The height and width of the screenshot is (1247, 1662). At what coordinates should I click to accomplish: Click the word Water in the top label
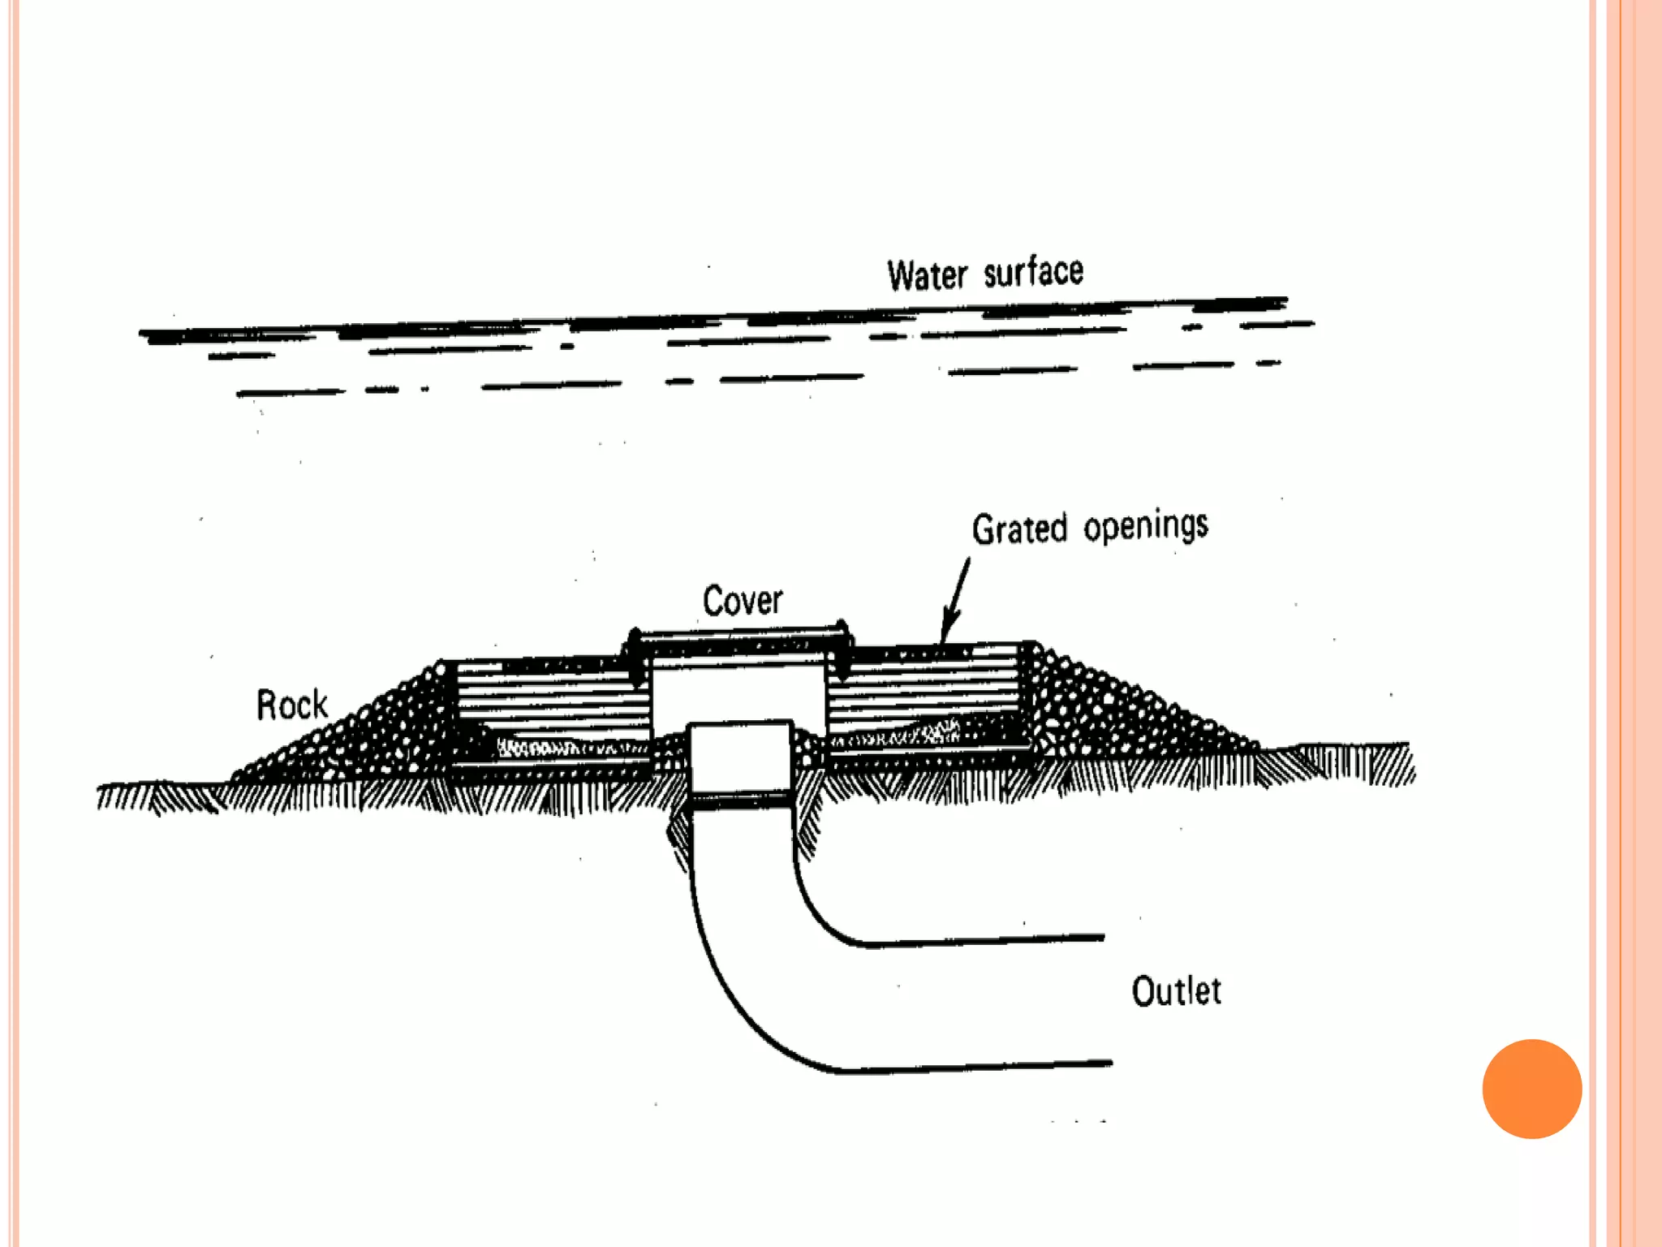[x=927, y=276]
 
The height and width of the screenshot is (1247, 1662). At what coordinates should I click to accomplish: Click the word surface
[x=1033, y=272]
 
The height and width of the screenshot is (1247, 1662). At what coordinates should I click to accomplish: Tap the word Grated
[x=1019, y=529]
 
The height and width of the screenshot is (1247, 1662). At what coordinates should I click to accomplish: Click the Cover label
[x=742, y=602]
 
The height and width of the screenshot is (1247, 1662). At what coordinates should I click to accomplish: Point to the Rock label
[x=291, y=705]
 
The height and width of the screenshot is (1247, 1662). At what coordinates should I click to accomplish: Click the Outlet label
[x=1176, y=992]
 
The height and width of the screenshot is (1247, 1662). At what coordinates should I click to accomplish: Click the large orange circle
[x=1531, y=1089]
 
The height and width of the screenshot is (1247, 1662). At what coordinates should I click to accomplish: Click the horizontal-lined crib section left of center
[x=552, y=698]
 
